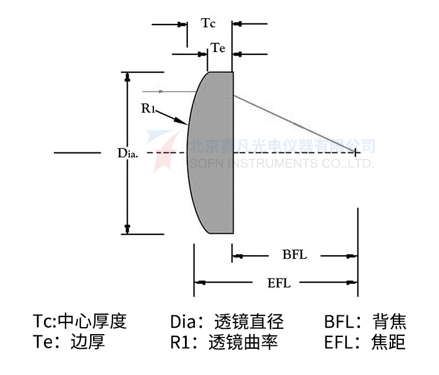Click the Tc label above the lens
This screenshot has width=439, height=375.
coord(208,24)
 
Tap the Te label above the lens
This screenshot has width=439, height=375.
coord(218,49)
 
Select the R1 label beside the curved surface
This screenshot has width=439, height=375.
coord(148,107)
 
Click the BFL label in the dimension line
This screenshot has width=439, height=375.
coord(294,255)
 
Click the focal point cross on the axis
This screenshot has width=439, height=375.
coord(355,152)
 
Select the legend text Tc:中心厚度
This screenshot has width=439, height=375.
coord(80,321)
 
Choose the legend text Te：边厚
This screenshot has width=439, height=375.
coord(69,342)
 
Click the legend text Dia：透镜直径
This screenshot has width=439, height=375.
coord(227,321)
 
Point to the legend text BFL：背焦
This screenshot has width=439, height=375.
coord(365,321)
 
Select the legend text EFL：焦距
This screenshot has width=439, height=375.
coord(364,342)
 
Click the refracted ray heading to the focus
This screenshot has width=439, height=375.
coord(293,123)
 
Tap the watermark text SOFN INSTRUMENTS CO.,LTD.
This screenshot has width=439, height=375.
coord(281,163)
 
